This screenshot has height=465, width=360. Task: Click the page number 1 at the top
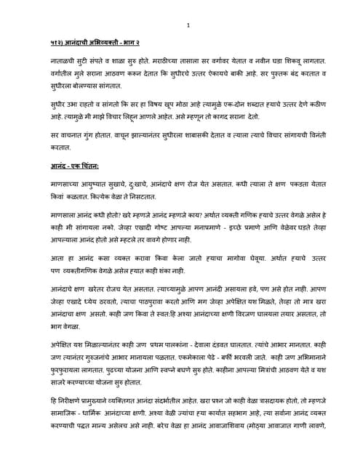tap(188, 26)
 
